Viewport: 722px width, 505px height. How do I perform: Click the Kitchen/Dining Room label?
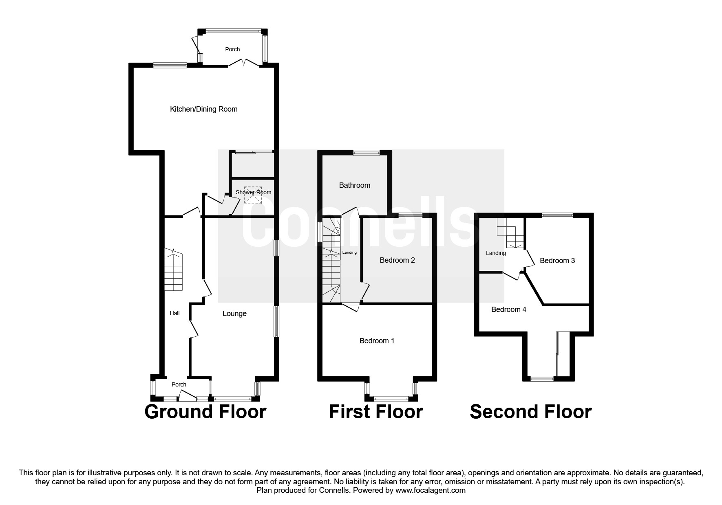click(203, 109)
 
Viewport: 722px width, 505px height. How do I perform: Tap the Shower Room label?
click(253, 192)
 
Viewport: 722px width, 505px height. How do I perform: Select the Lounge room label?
click(234, 314)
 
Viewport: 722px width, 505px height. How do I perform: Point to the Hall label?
click(174, 313)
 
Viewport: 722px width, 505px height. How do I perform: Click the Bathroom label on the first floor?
click(355, 185)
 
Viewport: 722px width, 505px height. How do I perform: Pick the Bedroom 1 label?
click(377, 341)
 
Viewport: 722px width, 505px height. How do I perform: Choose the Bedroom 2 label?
click(397, 260)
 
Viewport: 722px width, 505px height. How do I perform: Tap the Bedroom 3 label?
click(557, 261)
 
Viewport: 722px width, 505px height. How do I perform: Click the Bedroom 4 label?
click(508, 310)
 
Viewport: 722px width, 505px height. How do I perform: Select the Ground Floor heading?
click(205, 412)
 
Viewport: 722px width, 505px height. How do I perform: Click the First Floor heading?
click(375, 412)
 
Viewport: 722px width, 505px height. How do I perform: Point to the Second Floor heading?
click(530, 412)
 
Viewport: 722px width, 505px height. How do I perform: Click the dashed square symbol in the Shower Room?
click(252, 198)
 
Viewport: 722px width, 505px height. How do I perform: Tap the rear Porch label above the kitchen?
click(232, 49)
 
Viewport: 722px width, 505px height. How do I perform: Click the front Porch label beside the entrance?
click(179, 384)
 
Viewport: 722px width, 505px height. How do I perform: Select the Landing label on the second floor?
click(496, 253)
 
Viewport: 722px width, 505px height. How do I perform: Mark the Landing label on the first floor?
click(349, 253)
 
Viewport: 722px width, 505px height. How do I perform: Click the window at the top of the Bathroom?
click(366, 153)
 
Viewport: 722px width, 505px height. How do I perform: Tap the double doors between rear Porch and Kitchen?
click(243, 63)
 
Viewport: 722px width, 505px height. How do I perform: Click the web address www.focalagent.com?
click(431, 490)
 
